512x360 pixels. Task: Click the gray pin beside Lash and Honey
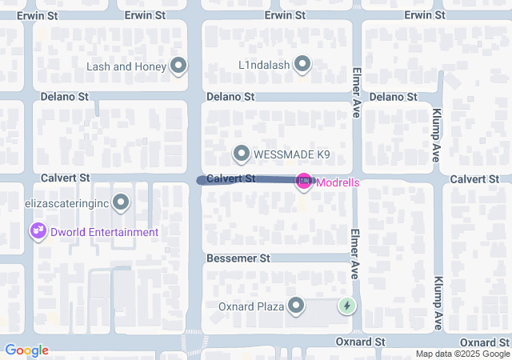pos(178,66)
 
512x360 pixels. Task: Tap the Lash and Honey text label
pos(127,66)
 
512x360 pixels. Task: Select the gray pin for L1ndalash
pos(302,62)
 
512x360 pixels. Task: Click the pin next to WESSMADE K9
pos(242,153)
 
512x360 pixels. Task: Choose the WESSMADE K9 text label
pos(291,154)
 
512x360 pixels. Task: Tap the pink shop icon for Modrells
pos(304,182)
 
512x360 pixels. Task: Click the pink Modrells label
pos(338,182)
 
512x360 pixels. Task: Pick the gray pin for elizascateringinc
pos(121,203)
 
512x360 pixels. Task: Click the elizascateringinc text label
pos(66,203)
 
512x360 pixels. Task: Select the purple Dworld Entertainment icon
pos(37,232)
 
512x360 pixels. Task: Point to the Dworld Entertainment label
pos(103,232)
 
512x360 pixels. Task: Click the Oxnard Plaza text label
pos(251,306)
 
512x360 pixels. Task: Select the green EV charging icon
pos(347,306)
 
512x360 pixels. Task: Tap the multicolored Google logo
pos(26,350)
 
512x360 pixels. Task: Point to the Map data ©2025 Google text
pos(462,354)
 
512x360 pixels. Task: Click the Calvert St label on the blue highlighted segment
pos(230,179)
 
